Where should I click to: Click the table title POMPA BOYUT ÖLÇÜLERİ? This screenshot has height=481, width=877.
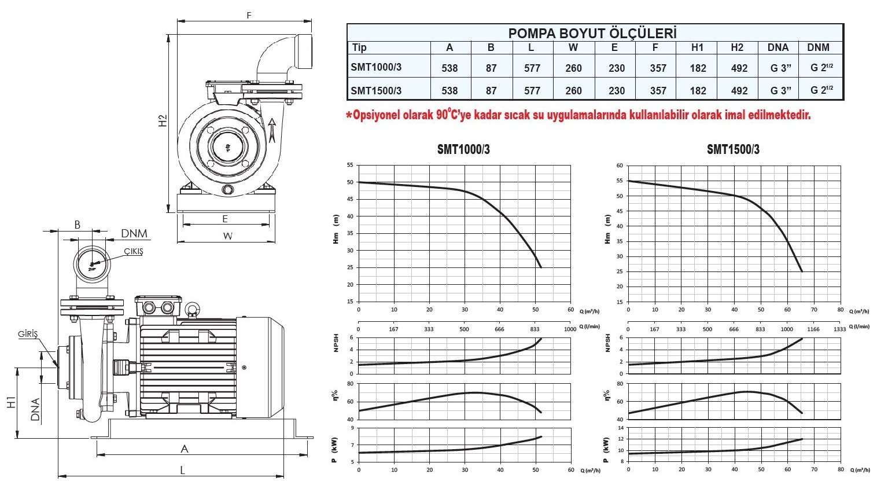(x=592, y=33)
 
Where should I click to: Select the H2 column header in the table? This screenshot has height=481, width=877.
(x=736, y=47)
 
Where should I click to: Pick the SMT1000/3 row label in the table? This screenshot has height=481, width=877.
(x=376, y=67)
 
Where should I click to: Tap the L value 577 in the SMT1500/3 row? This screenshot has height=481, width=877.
(x=532, y=91)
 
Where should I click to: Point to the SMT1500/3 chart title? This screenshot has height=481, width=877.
(x=733, y=149)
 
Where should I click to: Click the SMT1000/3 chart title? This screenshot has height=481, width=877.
(x=463, y=149)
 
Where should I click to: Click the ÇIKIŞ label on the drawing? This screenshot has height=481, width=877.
(x=133, y=251)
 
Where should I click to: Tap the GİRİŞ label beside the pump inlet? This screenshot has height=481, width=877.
(x=28, y=335)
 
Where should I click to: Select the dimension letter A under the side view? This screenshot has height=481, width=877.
(x=185, y=449)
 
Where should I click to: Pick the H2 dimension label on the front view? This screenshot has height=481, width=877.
(x=164, y=120)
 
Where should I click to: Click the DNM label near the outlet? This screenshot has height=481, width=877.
(x=134, y=234)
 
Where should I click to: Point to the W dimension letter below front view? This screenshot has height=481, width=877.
(x=227, y=236)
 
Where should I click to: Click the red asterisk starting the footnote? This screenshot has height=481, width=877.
(x=349, y=116)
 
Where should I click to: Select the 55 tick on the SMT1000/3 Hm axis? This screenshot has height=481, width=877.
(x=349, y=165)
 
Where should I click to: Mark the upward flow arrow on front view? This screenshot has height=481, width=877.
(x=272, y=129)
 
